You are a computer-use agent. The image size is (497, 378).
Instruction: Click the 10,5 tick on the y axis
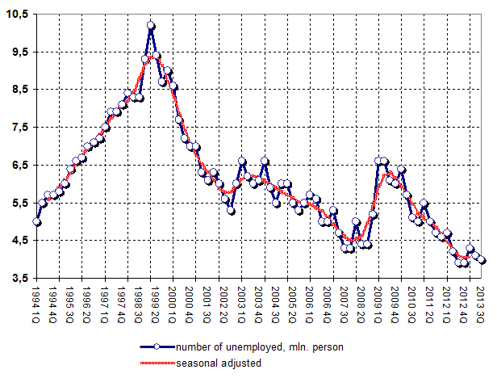pos(17,15)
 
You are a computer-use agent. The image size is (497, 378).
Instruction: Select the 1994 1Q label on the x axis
pos(36,300)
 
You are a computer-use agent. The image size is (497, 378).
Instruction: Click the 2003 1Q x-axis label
pos(241,300)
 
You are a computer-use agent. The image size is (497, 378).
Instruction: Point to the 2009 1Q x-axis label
pos(378,300)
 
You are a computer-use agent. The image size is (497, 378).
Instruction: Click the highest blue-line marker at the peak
pos(151,26)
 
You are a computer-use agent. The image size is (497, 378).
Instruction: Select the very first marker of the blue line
pos(37,221)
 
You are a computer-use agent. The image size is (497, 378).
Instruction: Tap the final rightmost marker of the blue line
pos(482,260)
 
